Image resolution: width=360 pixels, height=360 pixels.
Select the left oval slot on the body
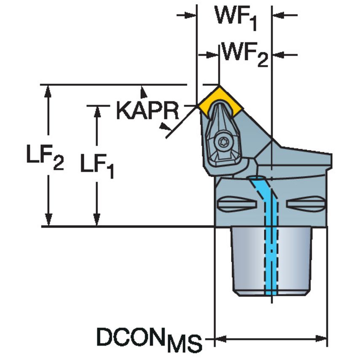pos(237,204)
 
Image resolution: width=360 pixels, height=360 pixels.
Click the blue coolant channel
pos(270,236)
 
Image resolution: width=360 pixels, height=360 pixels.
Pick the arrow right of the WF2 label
pos(278,55)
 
